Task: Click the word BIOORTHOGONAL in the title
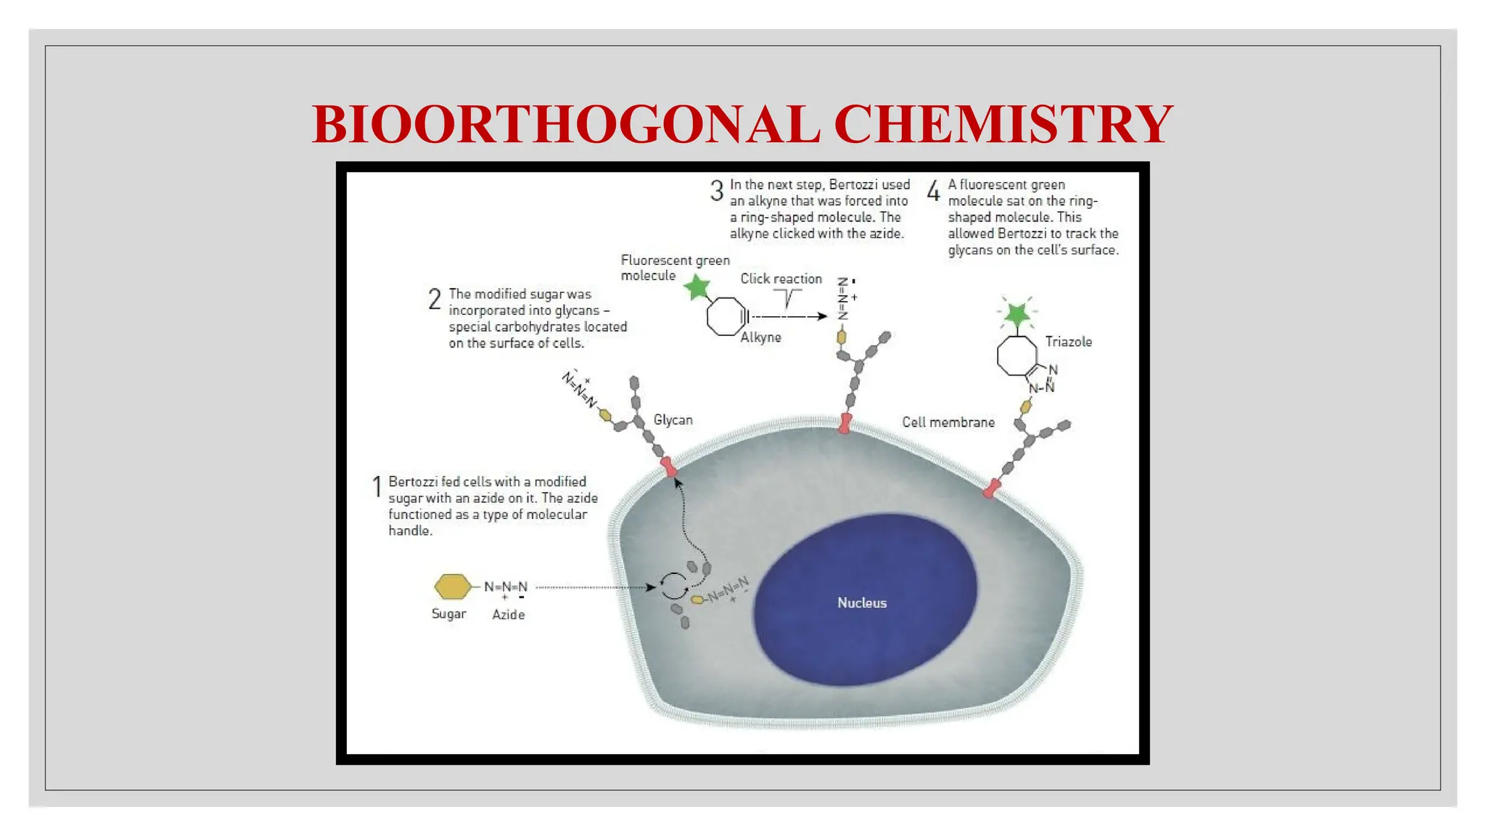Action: pyautogui.click(x=565, y=124)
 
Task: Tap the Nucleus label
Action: pyautogui.click(x=862, y=603)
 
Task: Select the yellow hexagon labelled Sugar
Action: pyautogui.click(x=452, y=586)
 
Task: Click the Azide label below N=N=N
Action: pyautogui.click(x=508, y=615)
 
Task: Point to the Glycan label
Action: pyautogui.click(x=673, y=420)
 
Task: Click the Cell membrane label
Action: pyautogui.click(x=948, y=422)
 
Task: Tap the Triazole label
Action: pyautogui.click(x=1068, y=342)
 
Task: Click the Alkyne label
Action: pyautogui.click(x=760, y=337)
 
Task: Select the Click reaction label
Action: pyautogui.click(x=781, y=279)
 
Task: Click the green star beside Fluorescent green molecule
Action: pyautogui.click(x=697, y=287)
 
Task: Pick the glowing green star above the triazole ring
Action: pyautogui.click(x=1017, y=313)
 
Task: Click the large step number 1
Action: pyautogui.click(x=377, y=486)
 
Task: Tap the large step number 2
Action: pyautogui.click(x=435, y=299)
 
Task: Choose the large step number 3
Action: pyautogui.click(x=717, y=191)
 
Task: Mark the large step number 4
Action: pyautogui.click(x=934, y=191)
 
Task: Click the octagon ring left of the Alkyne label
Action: pyautogui.click(x=726, y=316)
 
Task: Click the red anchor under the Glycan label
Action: pyautogui.click(x=668, y=467)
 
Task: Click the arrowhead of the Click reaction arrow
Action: pyautogui.click(x=822, y=316)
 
